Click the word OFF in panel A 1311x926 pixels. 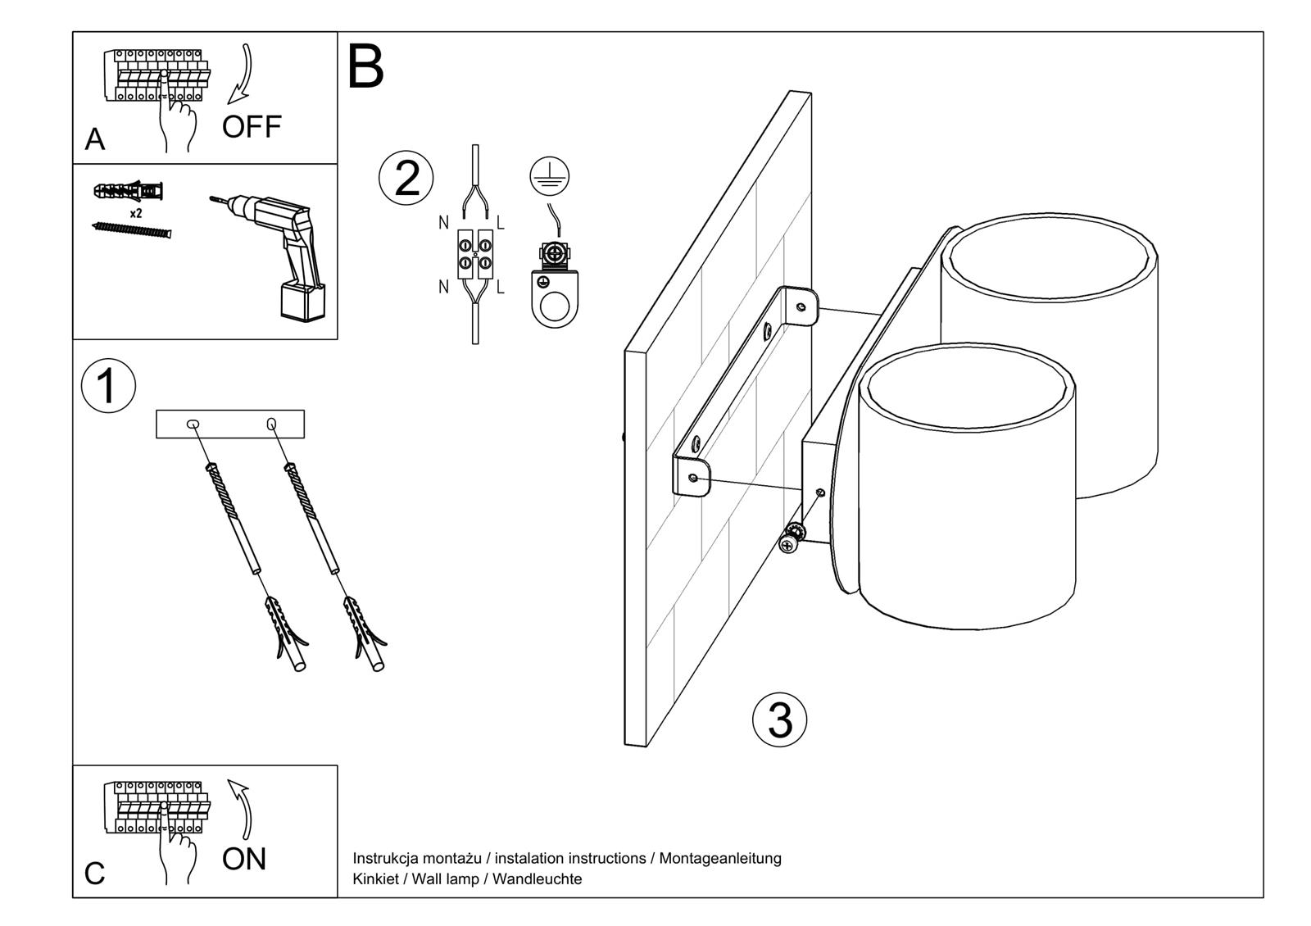[252, 127]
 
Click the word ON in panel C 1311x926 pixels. [244, 859]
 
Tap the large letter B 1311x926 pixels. [365, 67]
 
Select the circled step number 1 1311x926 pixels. [108, 386]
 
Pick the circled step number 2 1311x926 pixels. [406, 179]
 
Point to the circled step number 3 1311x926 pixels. [779, 720]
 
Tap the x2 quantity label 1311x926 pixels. [136, 213]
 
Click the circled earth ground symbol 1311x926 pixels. [549, 175]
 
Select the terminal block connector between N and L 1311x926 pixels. [475, 254]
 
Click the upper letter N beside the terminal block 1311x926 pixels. [444, 222]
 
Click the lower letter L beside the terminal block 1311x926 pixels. [500, 287]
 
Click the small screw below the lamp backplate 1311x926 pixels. [791, 541]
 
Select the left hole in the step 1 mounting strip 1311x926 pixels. [193, 424]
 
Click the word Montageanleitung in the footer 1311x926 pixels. [720, 858]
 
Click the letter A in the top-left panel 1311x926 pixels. [95, 140]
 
